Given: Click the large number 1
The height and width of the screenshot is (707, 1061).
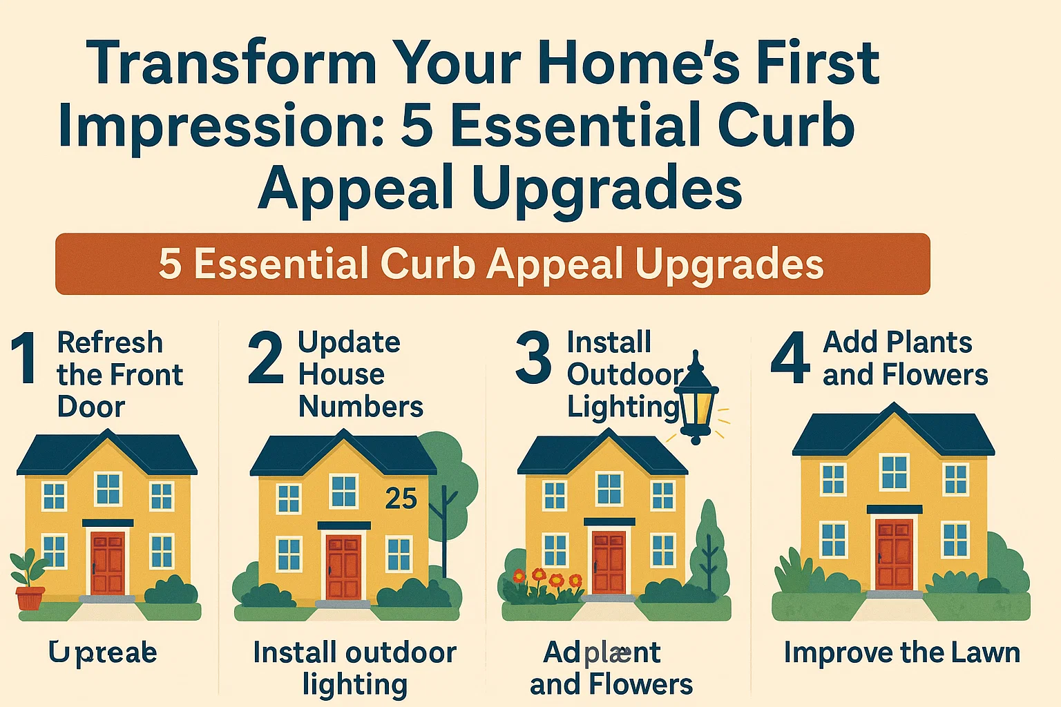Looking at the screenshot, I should pyautogui.click(x=25, y=358).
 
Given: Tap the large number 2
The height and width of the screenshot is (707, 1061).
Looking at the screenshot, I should pyautogui.click(x=265, y=358).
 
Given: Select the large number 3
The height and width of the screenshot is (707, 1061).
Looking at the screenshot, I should pyautogui.click(x=533, y=358).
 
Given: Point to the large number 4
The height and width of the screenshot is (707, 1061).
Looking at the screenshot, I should pyautogui.click(x=790, y=358).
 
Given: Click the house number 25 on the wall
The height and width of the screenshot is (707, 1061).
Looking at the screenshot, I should pyautogui.click(x=401, y=498).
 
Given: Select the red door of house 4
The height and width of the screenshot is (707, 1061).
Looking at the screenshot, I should pyautogui.click(x=894, y=554).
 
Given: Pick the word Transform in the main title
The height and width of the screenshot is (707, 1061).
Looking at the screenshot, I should pyautogui.click(x=232, y=64).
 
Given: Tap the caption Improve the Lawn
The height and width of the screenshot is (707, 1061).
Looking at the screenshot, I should pyautogui.click(x=901, y=652).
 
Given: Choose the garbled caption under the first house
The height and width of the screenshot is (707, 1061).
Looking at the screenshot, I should pyautogui.click(x=103, y=652).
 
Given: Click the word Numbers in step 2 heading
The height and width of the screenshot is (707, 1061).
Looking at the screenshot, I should pyautogui.click(x=361, y=407).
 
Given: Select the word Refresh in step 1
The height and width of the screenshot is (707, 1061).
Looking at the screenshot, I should pyautogui.click(x=110, y=342).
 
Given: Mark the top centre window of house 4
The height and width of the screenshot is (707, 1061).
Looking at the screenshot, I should pyautogui.click(x=894, y=472).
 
